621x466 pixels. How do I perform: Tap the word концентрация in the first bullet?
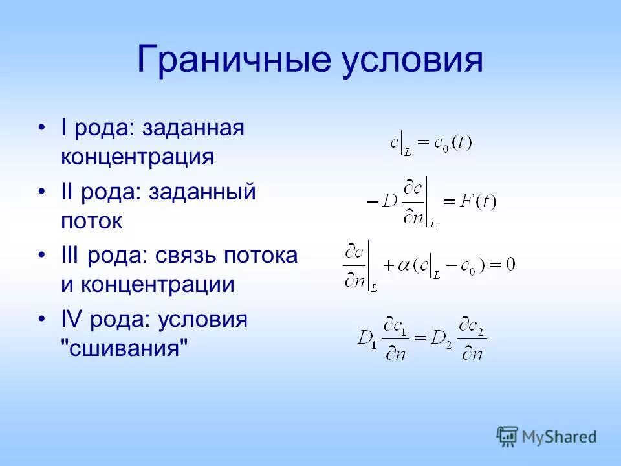pos(137,157)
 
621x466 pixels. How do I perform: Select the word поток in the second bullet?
pos(92,221)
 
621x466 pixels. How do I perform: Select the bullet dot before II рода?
pos(42,192)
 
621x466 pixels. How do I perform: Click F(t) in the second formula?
pos(477,201)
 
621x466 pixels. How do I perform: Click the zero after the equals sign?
pos(510,265)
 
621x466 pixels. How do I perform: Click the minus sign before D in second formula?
pos(372,201)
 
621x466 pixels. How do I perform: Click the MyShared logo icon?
pos(508,436)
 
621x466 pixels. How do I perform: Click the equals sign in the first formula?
pos(423,143)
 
